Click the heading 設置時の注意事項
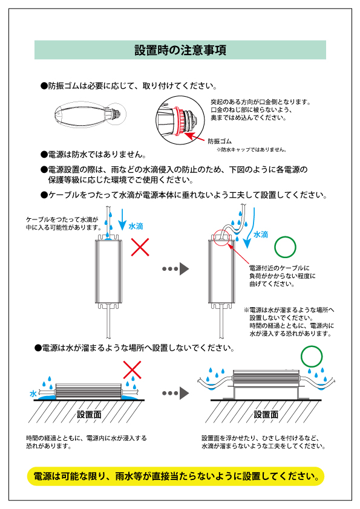click(180, 50)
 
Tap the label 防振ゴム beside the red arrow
click(220, 141)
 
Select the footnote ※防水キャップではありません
click(252, 150)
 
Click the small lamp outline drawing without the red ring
click(90, 115)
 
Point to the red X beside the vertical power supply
click(140, 247)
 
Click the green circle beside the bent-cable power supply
click(285, 247)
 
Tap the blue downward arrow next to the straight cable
click(122, 219)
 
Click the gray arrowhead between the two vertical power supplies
click(184, 269)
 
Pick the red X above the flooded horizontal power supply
click(133, 370)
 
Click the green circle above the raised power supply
click(312, 357)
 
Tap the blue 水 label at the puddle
click(33, 394)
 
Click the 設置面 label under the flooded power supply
click(89, 415)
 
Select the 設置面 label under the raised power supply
click(266, 415)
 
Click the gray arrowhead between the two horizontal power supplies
click(184, 393)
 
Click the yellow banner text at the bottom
click(176, 476)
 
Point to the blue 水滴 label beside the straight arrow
click(136, 226)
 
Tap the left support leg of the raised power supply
click(234, 392)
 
